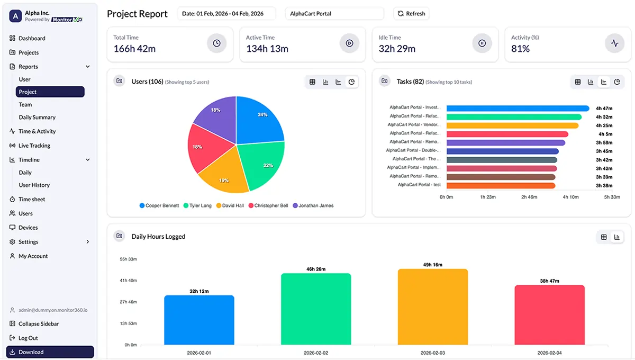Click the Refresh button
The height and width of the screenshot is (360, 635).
(411, 14)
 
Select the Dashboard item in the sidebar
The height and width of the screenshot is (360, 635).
(32, 38)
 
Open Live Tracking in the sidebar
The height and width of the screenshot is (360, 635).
(34, 146)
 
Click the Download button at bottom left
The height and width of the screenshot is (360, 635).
(50, 352)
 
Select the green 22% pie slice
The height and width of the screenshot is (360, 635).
(262, 164)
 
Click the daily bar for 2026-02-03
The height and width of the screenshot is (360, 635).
(433, 307)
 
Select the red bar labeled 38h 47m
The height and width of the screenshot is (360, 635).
(549, 315)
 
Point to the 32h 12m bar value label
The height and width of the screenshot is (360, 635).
(199, 291)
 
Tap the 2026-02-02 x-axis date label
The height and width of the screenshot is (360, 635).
(316, 353)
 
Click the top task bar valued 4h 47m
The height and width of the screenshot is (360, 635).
(518, 108)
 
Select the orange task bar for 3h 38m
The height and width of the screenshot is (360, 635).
(501, 186)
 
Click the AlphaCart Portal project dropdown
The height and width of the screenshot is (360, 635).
(334, 14)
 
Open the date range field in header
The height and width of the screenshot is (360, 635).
(226, 14)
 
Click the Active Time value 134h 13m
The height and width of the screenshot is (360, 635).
(267, 49)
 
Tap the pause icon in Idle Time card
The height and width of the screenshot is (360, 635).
(482, 43)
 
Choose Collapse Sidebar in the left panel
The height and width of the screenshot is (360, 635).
(39, 323)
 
